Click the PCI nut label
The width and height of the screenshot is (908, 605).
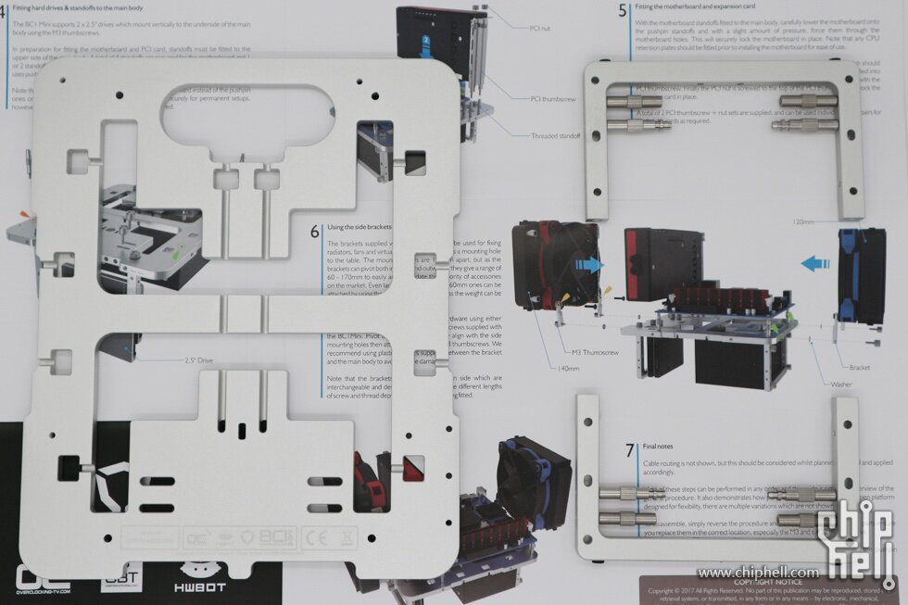coord(540,29)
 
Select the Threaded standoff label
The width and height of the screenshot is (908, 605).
coord(556,136)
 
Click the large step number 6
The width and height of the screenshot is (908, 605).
coord(315,230)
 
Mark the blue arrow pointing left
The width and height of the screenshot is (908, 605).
coord(815,263)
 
